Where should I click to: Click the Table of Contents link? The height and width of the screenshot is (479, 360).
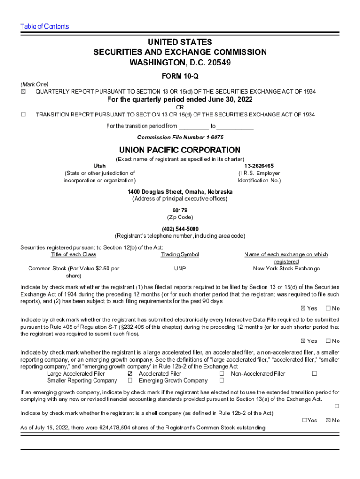tap(44, 26)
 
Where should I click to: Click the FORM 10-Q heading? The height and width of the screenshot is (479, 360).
tap(180, 76)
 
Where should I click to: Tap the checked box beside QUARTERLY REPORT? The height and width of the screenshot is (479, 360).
tap(23, 91)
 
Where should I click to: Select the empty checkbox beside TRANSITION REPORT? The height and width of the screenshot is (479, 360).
tap(23, 115)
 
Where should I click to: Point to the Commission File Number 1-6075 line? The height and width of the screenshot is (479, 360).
tap(180, 137)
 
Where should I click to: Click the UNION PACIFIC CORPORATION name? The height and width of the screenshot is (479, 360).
tap(180, 150)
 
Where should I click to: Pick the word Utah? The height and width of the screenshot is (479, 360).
tap(100, 166)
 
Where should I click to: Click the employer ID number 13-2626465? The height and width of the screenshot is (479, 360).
tap(259, 166)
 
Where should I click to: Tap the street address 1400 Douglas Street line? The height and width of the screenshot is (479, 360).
tap(180, 192)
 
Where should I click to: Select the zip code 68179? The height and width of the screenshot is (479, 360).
tap(180, 210)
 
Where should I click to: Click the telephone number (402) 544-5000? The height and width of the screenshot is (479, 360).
tap(180, 229)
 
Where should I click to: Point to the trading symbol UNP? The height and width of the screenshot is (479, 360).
tap(180, 269)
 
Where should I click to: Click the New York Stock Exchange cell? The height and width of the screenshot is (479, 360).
tap(286, 269)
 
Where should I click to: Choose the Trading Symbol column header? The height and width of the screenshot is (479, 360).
tap(180, 254)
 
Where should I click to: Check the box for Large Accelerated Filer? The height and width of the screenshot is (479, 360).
tap(130, 374)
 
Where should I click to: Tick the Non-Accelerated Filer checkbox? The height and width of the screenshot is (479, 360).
tap(315, 374)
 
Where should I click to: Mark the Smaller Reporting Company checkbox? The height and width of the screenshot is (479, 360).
tap(130, 381)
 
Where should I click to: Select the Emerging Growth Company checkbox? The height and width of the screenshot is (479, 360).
tap(222, 381)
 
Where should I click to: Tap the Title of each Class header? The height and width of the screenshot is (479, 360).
tap(73, 254)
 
